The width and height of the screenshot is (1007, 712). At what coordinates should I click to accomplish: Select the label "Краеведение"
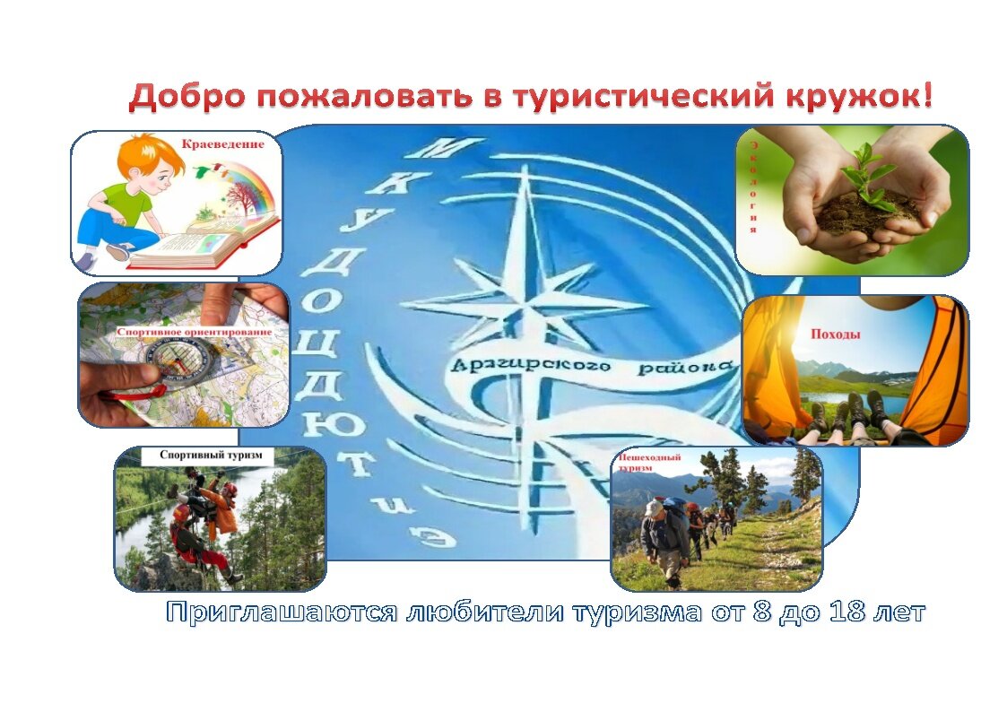pos(223,143)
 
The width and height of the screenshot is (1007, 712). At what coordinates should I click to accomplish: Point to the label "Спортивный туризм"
pos(211,456)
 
